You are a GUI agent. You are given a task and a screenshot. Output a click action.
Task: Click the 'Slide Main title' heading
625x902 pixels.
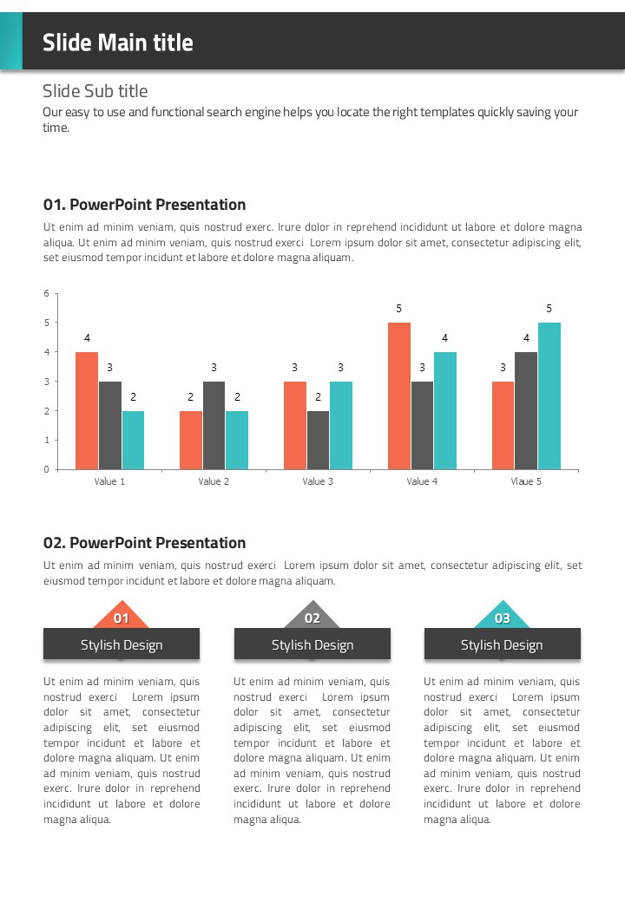point(118,42)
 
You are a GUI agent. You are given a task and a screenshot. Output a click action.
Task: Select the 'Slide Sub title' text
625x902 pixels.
point(95,91)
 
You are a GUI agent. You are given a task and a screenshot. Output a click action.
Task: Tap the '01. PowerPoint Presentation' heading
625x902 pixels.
point(145,205)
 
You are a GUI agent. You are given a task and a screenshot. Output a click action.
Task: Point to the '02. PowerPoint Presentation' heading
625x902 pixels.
point(145,543)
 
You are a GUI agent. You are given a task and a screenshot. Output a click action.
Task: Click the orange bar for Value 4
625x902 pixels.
point(399,395)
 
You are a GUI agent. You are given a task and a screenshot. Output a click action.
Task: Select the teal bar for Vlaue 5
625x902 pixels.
point(549,395)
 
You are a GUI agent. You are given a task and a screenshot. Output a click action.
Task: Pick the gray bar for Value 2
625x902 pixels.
point(214,425)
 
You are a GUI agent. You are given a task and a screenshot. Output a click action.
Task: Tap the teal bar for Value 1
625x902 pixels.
point(133,440)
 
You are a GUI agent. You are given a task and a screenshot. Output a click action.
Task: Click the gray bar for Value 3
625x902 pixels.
point(318,440)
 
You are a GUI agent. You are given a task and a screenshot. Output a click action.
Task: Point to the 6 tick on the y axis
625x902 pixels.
point(46,293)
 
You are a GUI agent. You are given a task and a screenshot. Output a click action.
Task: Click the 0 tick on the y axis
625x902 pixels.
point(46,469)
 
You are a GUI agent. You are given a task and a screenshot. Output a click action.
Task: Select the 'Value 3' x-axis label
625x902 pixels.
point(318,481)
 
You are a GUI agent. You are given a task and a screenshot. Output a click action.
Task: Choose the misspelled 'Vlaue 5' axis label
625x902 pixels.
point(526,481)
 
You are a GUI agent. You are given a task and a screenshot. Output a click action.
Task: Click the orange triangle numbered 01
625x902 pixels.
point(122,618)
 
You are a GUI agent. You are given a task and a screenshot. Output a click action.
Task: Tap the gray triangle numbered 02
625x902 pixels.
point(312,618)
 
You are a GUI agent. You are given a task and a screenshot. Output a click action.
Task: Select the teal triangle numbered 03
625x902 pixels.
point(502,618)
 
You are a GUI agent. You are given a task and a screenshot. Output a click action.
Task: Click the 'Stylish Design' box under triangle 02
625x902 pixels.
point(312,644)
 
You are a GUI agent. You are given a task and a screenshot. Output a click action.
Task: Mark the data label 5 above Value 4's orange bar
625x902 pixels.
point(399,309)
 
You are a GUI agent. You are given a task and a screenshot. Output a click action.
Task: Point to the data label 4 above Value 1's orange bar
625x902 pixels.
point(87,337)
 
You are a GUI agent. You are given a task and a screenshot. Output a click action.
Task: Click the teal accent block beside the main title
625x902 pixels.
point(10,41)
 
